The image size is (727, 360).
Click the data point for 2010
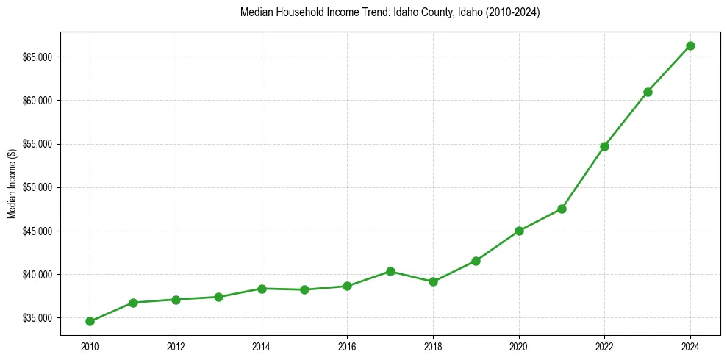pos(90,321)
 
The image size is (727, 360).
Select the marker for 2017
pos(390,271)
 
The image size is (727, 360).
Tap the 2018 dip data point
pos(433,281)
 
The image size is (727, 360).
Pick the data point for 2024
pos(690,46)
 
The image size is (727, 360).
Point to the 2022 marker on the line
pos(604,146)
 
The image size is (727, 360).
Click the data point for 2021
pos(562,209)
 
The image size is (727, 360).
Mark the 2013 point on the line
pos(218,297)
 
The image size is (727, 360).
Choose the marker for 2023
pos(648,92)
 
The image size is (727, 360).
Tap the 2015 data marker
pos(304,289)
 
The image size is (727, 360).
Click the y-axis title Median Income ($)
pos(12,187)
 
